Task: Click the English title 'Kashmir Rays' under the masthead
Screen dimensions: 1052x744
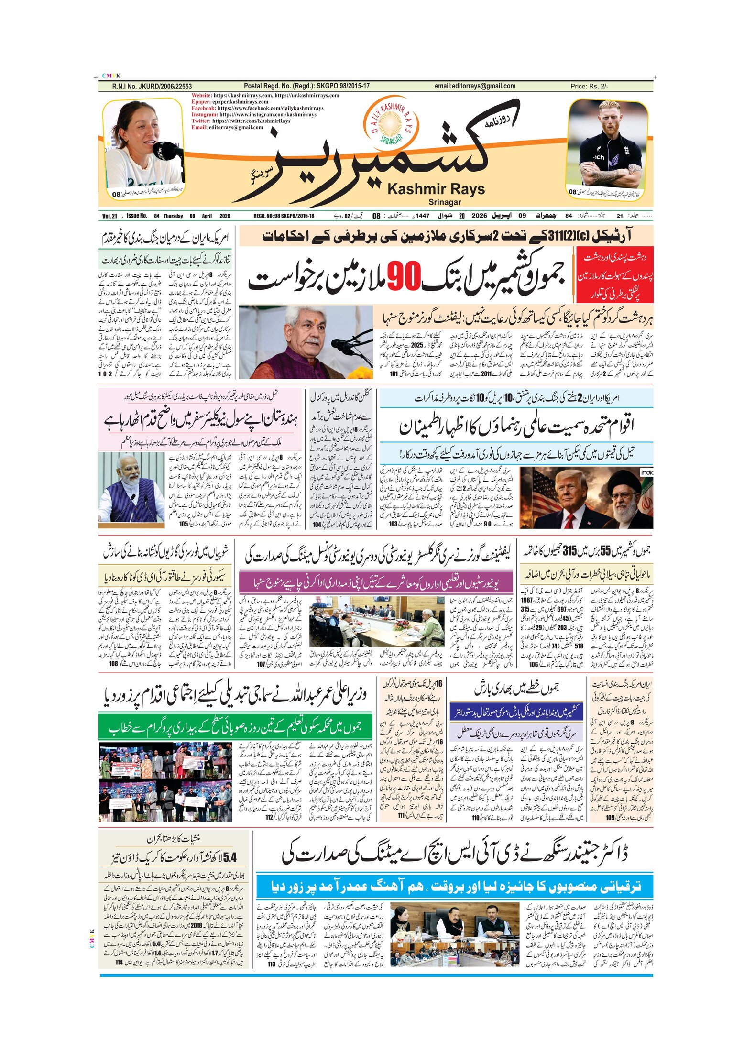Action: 436,189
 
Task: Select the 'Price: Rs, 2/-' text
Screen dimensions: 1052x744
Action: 589,87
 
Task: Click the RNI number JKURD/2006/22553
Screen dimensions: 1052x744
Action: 152,87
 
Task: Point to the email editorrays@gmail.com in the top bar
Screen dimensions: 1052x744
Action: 475,86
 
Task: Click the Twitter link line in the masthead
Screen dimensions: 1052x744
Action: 241,121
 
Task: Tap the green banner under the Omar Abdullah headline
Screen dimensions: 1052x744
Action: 235,727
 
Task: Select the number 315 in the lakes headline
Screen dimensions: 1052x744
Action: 569,551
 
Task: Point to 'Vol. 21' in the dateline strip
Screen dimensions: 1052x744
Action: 109,216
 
